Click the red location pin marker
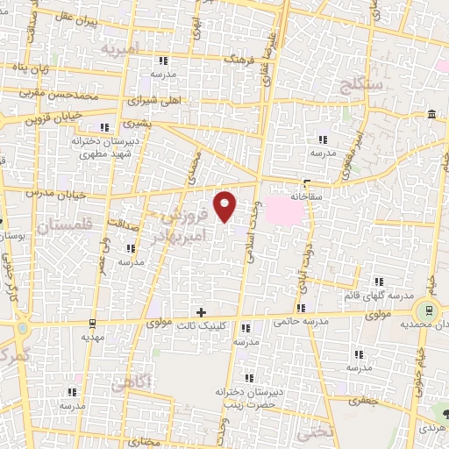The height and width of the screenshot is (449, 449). pyautogui.click(x=225, y=205)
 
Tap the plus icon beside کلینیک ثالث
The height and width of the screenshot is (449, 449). pyautogui.click(x=201, y=312)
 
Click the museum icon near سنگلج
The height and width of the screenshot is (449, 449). pyautogui.click(x=431, y=115)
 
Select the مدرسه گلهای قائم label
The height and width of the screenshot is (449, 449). pyautogui.click(x=385, y=296)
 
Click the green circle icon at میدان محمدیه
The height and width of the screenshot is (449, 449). pyautogui.click(x=427, y=310)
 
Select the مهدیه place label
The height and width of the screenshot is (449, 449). pyautogui.click(x=94, y=336)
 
